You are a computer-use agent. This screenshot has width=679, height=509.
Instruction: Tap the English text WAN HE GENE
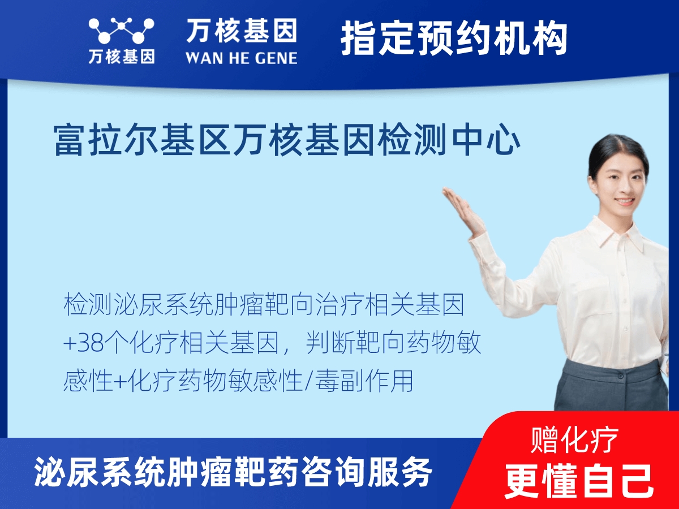click(x=242, y=58)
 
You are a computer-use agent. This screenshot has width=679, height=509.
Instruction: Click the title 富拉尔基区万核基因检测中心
click(x=287, y=141)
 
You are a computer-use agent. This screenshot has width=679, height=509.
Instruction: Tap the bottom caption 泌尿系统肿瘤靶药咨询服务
click(x=234, y=471)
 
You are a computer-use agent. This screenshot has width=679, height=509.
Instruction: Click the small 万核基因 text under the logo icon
click(x=121, y=58)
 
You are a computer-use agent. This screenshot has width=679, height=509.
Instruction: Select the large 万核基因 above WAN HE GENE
click(x=242, y=31)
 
